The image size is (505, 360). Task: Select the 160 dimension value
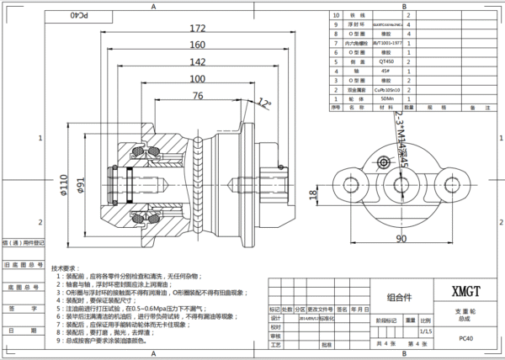pos(197,45)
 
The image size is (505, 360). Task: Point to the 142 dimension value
pos(197,62)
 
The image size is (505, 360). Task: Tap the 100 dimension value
pos(197,79)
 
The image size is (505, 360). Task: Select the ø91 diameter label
pos(82,186)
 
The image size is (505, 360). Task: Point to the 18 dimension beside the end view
pos(314,195)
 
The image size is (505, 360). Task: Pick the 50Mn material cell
pos(388,99)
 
